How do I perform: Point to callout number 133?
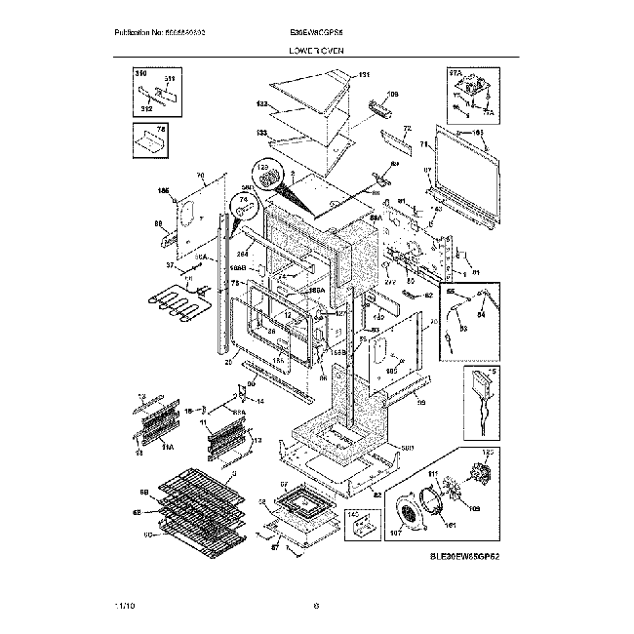pos(261,134)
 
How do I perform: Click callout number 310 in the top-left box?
pos(139,73)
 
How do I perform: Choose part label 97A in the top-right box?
pos(454,72)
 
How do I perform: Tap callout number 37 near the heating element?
pos(170,264)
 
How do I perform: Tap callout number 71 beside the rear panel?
pos(424,144)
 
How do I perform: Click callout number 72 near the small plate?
pos(408,128)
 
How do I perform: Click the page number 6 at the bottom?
pos(317,607)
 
